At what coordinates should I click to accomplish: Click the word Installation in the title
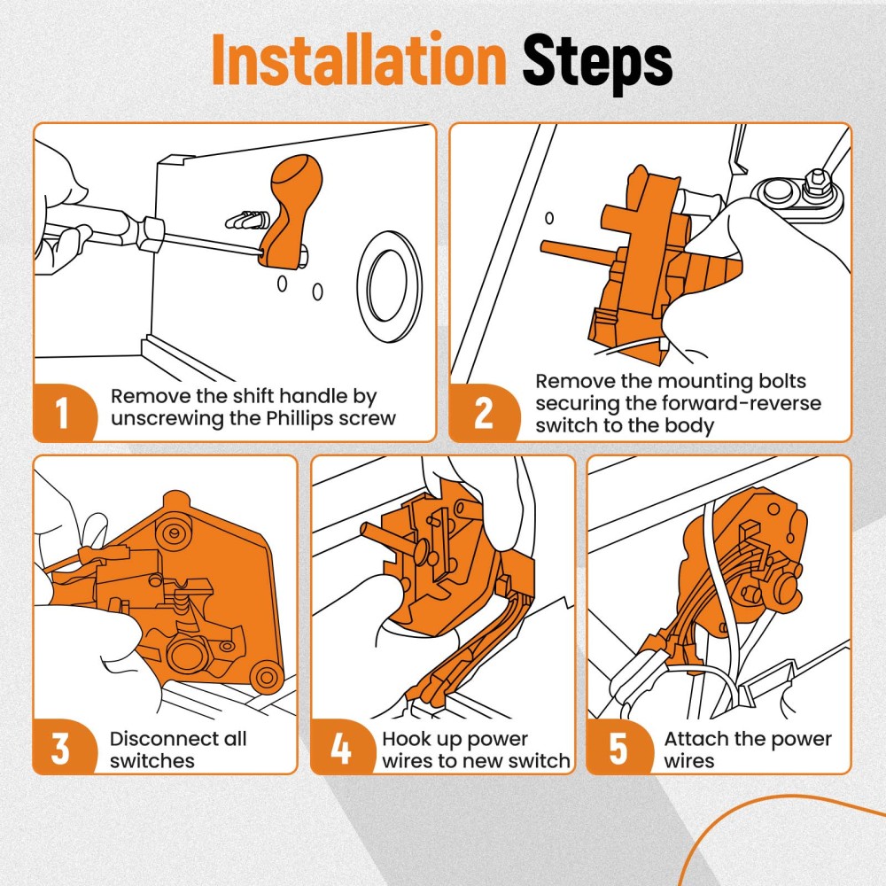[x=359, y=59]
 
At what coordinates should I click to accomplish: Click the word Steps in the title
[x=597, y=62]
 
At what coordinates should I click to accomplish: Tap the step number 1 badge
[x=63, y=413]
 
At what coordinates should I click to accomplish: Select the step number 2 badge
[x=484, y=413]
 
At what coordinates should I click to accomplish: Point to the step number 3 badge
[x=61, y=747]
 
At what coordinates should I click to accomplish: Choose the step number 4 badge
[x=341, y=747]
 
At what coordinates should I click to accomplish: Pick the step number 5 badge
[x=618, y=747]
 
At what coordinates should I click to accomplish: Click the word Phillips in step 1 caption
[x=299, y=419]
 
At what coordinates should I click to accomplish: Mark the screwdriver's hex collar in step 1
[x=152, y=233]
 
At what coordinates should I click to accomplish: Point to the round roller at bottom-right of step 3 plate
[x=266, y=675]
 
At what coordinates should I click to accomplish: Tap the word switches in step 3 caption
[x=152, y=760]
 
